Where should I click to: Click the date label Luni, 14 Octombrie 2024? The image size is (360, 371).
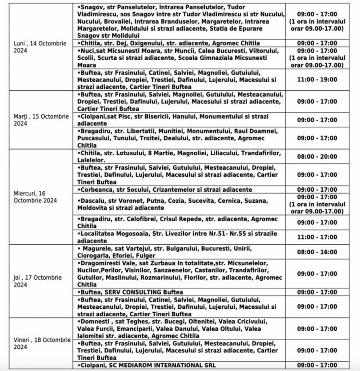40,48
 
